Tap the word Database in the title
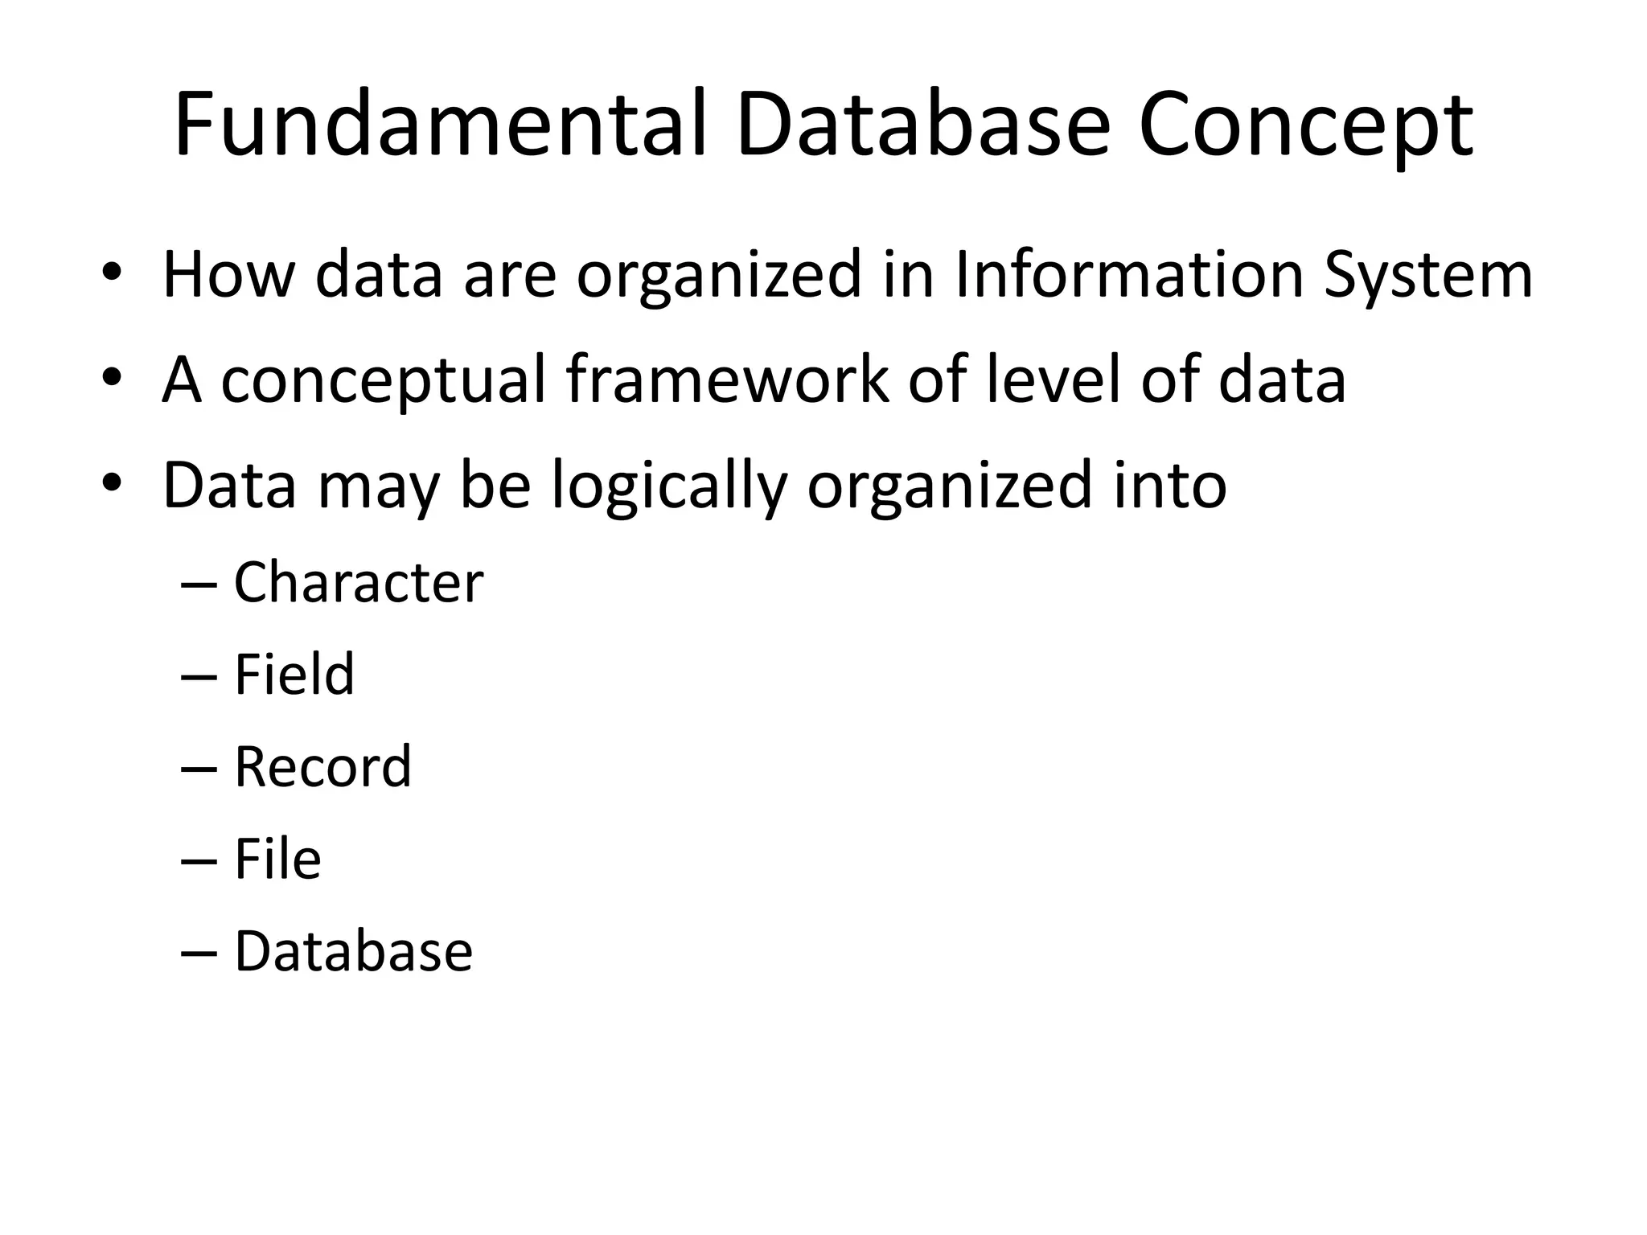coord(923,125)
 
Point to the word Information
coord(1128,275)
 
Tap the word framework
coord(728,380)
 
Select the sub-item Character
coord(359,582)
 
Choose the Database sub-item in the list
coord(354,951)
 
